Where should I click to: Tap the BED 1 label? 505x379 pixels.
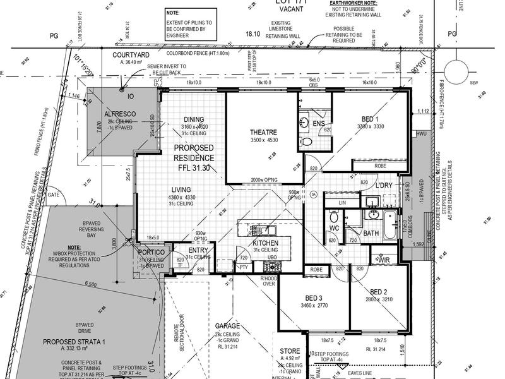370,119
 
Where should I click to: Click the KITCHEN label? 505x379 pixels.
266,243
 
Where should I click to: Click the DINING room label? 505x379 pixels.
194,119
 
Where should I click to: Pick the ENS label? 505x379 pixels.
319,123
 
